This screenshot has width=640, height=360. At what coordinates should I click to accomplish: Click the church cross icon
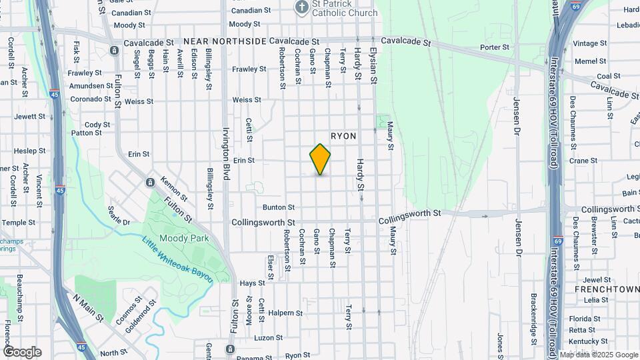[x=302, y=7]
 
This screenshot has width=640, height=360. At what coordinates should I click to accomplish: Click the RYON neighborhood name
[x=343, y=136]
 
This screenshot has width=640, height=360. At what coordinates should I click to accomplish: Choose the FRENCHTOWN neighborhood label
[x=606, y=291]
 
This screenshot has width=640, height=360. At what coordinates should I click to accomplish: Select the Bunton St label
[x=278, y=208]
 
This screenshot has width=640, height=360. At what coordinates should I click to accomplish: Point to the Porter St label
[x=495, y=47]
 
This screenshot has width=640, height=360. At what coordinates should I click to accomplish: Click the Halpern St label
[x=286, y=312]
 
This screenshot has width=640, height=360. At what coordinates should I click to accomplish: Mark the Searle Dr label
[x=118, y=215]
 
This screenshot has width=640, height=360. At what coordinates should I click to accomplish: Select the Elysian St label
[x=373, y=69]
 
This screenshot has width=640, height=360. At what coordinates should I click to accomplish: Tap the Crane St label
[x=583, y=161]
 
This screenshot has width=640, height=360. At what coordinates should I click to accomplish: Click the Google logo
[x=23, y=351]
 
